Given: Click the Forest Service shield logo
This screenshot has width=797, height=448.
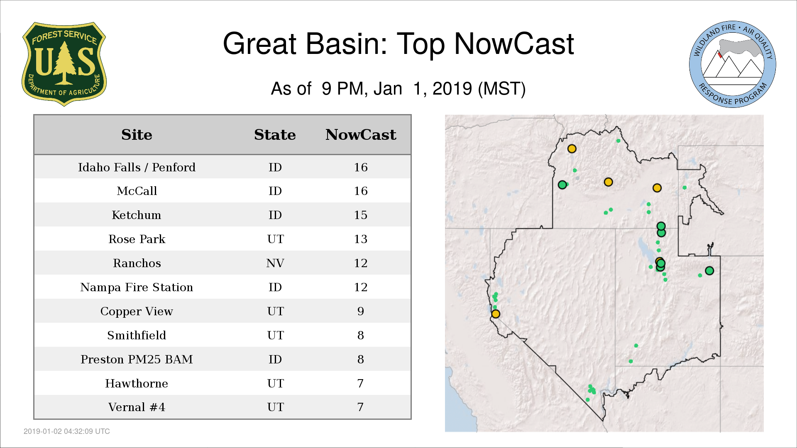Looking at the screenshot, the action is click(64, 64).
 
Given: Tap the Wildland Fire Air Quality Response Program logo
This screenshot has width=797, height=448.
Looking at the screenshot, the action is click(733, 64).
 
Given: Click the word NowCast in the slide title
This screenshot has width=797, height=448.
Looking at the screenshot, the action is click(514, 44).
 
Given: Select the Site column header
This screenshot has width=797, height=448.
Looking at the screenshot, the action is click(137, 135).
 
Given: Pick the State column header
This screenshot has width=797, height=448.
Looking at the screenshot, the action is click(275, 135).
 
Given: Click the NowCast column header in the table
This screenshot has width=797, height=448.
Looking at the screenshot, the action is click(361, 135).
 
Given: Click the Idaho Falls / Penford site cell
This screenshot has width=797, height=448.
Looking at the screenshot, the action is click(137, 167).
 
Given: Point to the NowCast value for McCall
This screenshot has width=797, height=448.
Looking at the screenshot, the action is click(361, 191).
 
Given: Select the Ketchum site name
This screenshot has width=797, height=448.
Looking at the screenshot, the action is click(137, 215).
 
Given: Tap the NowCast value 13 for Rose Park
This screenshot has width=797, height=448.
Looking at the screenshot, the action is click(361, 239).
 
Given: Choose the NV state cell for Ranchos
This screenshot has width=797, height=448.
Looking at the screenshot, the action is click(275, 263).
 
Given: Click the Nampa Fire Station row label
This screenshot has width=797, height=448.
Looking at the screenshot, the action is click(137, 287).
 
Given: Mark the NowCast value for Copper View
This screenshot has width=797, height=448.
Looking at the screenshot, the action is click(361, 311).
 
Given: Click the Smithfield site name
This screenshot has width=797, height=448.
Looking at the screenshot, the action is click(137, 335).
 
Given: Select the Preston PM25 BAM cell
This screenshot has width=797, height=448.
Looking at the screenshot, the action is click(137, 359).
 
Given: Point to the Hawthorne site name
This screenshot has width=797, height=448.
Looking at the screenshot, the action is click(137, 383).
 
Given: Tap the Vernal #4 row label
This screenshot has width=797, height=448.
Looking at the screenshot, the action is click(137, 407).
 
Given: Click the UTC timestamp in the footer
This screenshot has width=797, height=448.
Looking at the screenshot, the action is click(67, 431).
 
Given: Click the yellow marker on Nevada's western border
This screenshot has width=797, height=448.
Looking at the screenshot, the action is click(496, 314).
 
